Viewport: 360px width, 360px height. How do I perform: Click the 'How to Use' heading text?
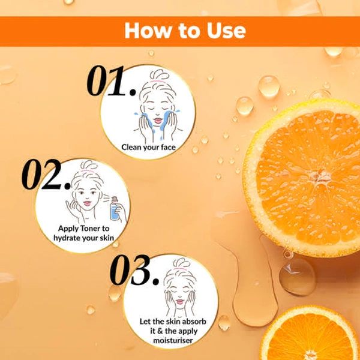pos(185,31)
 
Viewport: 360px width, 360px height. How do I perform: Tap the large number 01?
pos(111,80)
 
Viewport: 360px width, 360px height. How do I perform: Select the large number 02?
pos(46,175)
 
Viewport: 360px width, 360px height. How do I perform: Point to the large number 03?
pos(134,270)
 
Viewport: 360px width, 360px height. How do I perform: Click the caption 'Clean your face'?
pos(149,148)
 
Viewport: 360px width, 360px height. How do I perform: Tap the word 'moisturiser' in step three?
pos(173,340)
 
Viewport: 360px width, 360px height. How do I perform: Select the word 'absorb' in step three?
pos(194,322)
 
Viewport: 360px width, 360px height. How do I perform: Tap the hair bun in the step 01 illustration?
pos(160,74)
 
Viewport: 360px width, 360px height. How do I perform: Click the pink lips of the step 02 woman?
pos(87,203)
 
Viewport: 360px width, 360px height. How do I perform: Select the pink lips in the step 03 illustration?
pos(180,301)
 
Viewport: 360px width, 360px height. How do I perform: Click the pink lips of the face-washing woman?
pos(158,121)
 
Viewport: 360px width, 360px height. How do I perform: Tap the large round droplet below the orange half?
pos(298,277)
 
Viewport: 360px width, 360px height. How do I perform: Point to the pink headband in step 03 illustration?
pos(180,269)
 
